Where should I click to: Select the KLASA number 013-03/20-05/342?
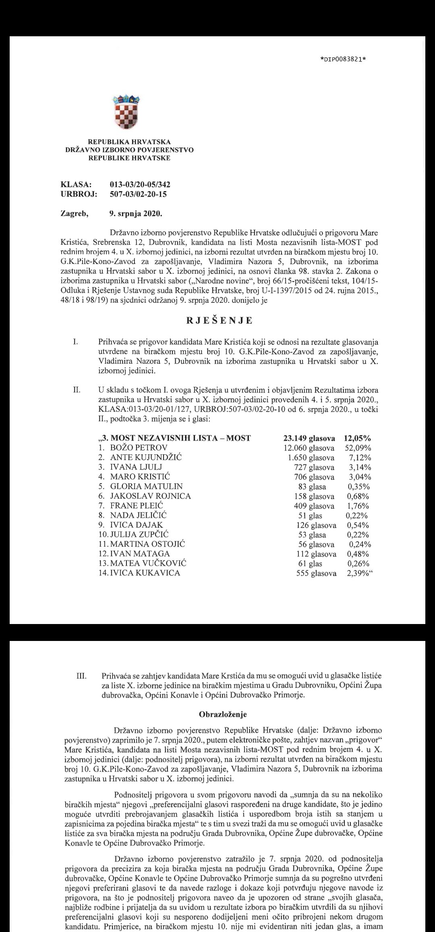[x=140, y=185]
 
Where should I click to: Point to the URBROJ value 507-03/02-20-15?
[x=138, y=194]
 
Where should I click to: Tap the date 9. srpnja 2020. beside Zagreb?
[x=133, y=213]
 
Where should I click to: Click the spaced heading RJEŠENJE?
[x=219, y=320]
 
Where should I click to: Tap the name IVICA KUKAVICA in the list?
[x=145, y=573]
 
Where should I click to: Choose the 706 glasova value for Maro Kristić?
[x=314, y=477]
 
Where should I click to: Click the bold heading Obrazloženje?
[x=223, y=714]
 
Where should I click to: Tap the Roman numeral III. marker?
[x=81, y=676]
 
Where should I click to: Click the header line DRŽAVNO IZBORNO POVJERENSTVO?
[x=129, y=150]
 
